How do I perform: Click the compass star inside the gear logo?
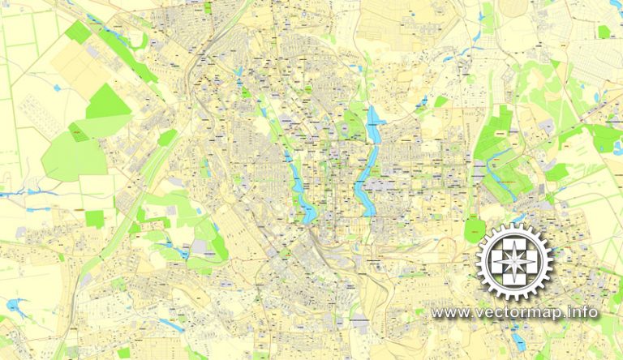coord(513,262)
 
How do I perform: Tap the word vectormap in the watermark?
coord(519,312)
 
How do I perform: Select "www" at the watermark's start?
coord(448,312)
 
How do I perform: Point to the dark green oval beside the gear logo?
coord(474,229)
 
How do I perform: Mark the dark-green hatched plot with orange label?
coord(79,131)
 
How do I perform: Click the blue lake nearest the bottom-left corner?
coord(14,306)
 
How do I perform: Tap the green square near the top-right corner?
coord(603,32)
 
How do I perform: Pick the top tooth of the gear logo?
coord(513,225)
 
